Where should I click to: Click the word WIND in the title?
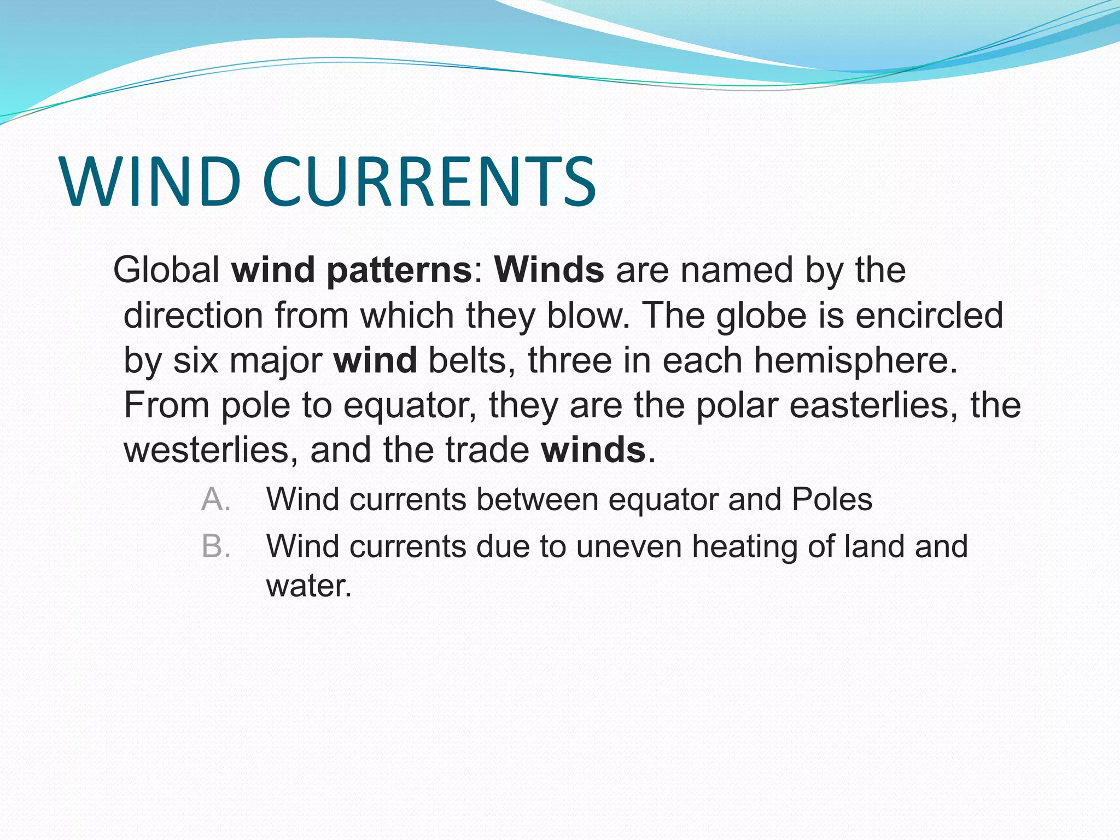point(151,182)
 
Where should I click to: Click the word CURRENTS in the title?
point(429,182)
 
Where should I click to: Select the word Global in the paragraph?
point(166,270)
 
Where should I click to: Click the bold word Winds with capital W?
point(549,270)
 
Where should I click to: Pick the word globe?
point(762,317)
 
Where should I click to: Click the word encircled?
point(929,316)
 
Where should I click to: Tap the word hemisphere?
point(850,361)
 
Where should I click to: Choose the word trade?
point(487,450)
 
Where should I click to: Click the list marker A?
point(215,500)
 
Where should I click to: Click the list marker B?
point(215,547)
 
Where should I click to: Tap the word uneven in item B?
point(628,547)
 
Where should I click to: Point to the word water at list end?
point(308,586)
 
